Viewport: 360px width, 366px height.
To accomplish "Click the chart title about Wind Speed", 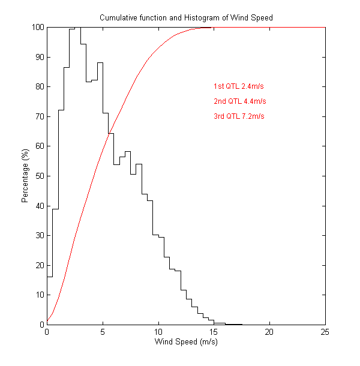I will point(186,18).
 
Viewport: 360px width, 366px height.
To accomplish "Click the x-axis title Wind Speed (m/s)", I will point(186,342).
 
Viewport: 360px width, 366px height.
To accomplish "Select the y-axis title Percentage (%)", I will point(26,176).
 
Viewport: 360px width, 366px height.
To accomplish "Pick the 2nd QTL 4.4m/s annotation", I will point(239,101).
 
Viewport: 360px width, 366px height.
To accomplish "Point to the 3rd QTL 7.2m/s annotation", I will point(239,116).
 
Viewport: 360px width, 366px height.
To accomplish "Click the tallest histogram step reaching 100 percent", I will point(77,28).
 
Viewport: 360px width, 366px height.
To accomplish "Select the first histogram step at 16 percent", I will point(50,277).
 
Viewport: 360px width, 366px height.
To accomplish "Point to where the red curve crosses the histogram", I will point(109,133).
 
